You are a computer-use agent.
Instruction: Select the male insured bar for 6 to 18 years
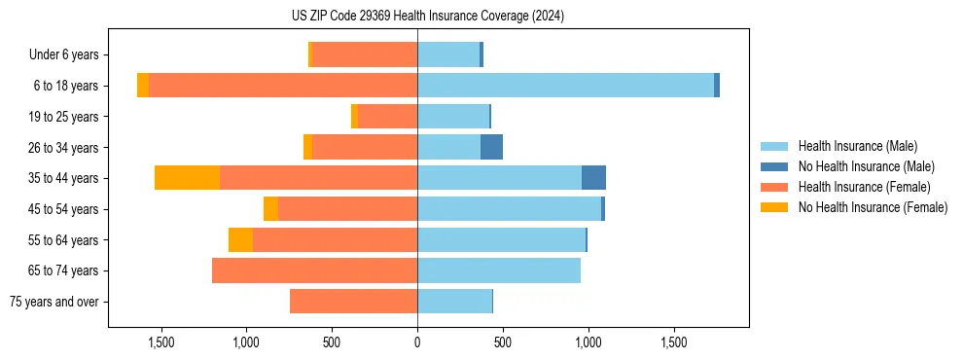click(565, 86)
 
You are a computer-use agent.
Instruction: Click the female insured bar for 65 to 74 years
click(314, 270)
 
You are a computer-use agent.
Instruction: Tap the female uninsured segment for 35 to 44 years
click(187, 178)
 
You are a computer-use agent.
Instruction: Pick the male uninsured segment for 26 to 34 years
click(491, 147)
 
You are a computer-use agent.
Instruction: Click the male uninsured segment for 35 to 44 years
click(593, 178)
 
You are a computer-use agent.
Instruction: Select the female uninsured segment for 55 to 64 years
click(240, 239)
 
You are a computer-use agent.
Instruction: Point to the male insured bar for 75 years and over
click(454, 302)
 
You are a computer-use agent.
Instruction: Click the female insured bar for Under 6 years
click(364, 54)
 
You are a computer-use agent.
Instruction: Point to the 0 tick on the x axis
click(417, 342)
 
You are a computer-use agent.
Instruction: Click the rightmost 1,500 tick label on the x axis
click(674, 342)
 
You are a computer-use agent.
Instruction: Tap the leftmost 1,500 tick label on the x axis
click(160, 342)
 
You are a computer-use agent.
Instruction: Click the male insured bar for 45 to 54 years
click(509, 209)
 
